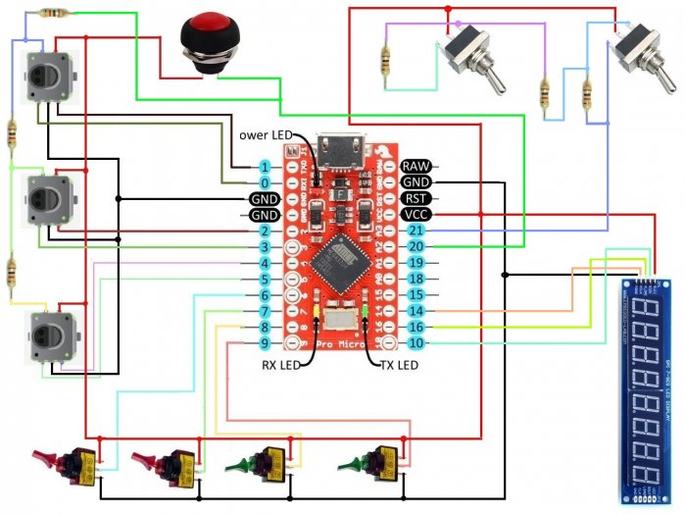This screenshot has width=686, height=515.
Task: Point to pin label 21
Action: point(415,231)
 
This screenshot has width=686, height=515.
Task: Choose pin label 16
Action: point(415,327)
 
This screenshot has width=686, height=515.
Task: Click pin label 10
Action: point(415,342)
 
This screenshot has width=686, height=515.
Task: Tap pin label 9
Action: point(265,342)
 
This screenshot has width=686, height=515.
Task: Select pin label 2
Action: point(265,231)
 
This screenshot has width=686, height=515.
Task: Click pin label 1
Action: point(265,167)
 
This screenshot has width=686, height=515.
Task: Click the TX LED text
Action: point(398,366)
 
